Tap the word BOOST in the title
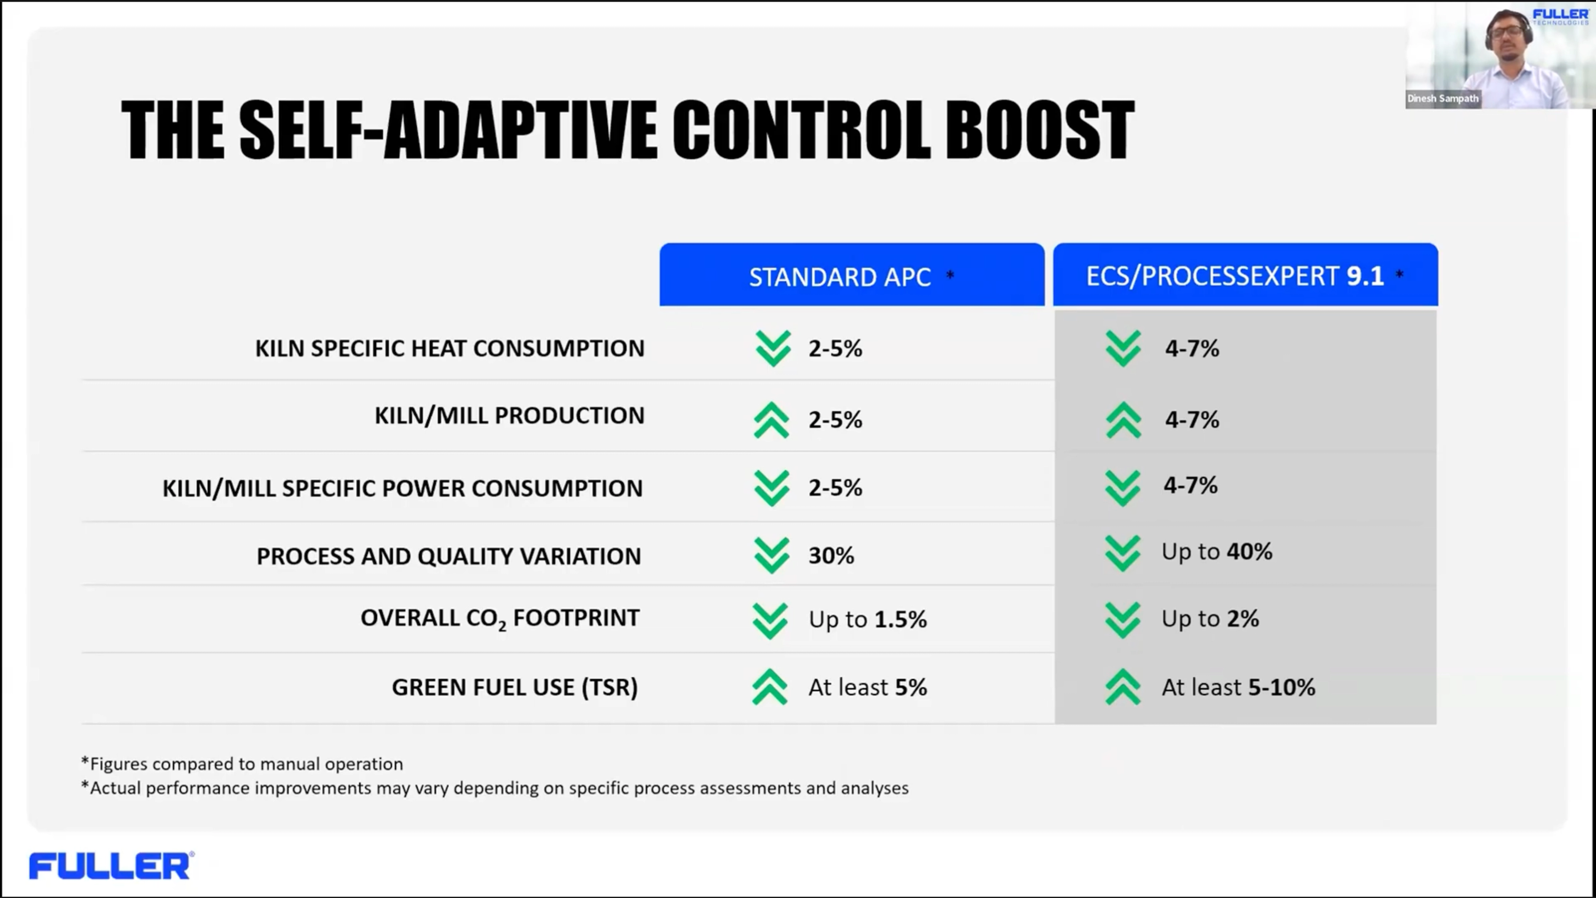click(1039, 130)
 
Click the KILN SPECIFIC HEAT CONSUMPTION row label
click(449, 348)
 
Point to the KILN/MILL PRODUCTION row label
click(509, 415)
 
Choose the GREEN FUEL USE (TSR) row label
click(514, 687)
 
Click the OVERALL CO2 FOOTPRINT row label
click(499, 618)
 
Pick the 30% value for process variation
click(831, 555)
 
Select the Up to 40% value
click(1216, 552)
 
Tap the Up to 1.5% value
click(867, 619)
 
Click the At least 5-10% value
click(1238, 687)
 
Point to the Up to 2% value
click(1209, 619)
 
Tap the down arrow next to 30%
click(771, 555)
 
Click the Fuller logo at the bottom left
click(110, 866)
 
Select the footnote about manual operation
click(242, 764)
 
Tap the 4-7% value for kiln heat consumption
click(1192, 348)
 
